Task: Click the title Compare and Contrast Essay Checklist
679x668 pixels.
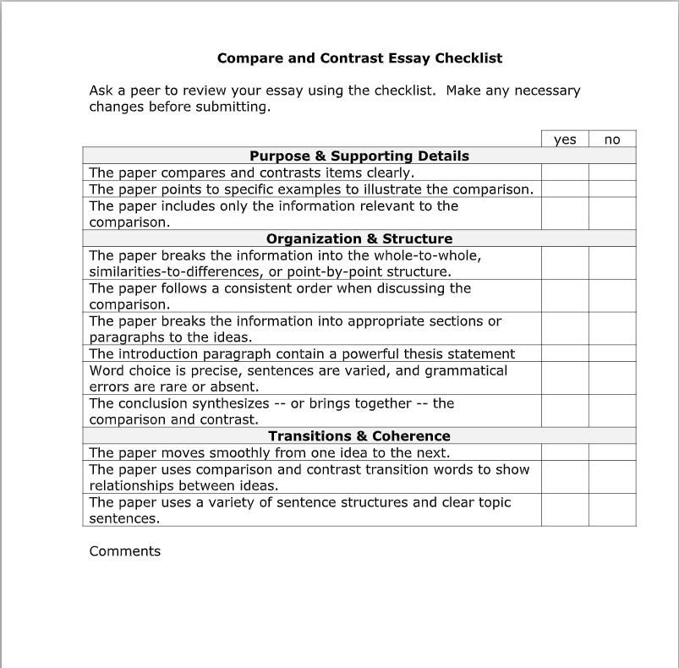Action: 359,58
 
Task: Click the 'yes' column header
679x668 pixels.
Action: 565,140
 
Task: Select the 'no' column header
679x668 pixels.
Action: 612,140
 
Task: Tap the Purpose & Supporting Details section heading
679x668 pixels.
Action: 359,156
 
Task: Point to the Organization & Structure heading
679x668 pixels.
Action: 359,238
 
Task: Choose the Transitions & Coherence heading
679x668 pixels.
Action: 359,436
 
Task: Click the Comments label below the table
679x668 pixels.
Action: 124,551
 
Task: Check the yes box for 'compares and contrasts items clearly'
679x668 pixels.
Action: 565,172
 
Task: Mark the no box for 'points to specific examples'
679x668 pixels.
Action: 612,189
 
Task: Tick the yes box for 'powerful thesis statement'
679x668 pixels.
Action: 565,354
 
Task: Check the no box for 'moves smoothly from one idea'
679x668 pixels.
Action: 612,453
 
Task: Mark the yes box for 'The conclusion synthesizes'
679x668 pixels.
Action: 565,412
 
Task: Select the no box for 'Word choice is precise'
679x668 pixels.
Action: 612,379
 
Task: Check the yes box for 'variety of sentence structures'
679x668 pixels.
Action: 565,511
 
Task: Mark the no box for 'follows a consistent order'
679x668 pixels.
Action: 612,296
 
